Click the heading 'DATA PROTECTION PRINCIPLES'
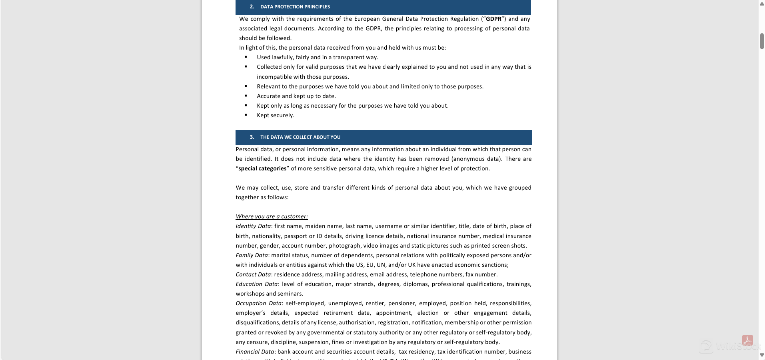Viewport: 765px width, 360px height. click(x=295, y=7)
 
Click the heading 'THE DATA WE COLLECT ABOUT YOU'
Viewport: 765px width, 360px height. click(x=300, y=137)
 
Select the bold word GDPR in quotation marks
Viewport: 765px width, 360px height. click(x=493, y=19)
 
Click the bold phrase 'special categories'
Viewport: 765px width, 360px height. click(x=262, y=168)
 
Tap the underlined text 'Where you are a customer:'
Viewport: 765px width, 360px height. click(x=272, y=216)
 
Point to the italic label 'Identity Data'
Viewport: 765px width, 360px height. click(x=253, y=226)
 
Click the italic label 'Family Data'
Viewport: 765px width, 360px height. click(x=252, y=255)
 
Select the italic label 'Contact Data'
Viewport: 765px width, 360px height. click(x=253, y=274)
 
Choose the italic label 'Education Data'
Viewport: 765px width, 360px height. click(x=256, y=284)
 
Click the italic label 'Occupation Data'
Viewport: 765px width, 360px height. click(x=258, y=303)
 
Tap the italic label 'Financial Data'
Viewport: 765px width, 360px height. click(x=255, y=352)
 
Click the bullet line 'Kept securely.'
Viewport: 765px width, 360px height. click(x=276, y=115)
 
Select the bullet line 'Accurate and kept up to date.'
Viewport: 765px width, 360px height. click(x=296, y=96)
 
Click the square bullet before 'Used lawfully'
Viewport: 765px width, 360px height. click(x=246, y=57)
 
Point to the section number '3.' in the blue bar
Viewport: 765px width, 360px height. click(x=252, y=137)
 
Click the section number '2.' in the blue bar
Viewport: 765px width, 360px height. click(x=252, y=6)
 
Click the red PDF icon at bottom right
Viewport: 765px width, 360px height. click(x=747, y=340)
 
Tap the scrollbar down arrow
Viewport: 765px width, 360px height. click(x=762, y=355)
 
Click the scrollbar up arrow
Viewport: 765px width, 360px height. click(x=762, y=4)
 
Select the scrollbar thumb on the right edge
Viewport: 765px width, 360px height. click(x=762, y=41)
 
